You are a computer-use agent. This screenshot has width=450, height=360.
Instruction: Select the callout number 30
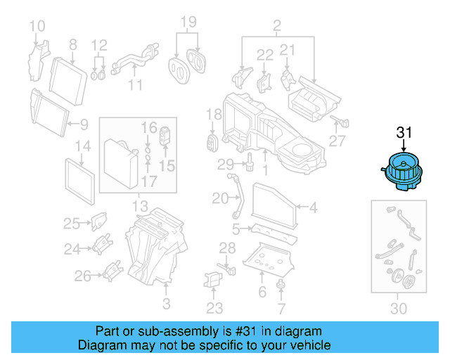[x=398, y=307]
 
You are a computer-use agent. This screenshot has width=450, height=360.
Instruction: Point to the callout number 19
[x=186, y=22]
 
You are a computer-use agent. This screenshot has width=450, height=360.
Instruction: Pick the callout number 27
[x=337, y=141]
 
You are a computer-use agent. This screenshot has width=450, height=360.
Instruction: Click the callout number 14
[x=83, y=147]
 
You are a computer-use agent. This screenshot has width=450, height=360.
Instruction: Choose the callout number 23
[x=214, y=307]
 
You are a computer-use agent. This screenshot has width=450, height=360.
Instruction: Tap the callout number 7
[x=281, y=307]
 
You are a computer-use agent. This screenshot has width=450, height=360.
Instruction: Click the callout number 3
[x=166, y=304]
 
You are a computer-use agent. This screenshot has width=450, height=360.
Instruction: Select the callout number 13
[x=140, y=207]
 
